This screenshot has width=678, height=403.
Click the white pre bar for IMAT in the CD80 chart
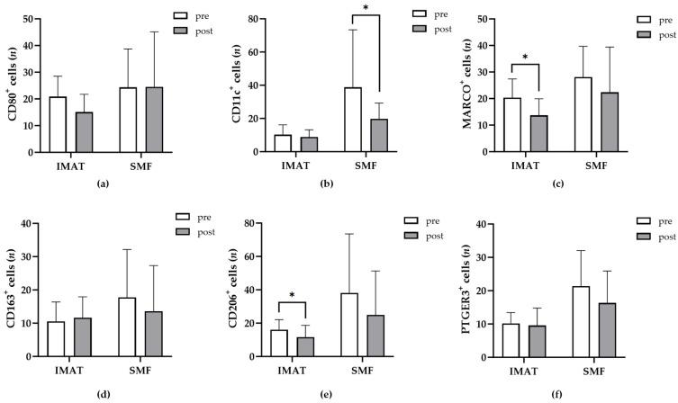(58, 124)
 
